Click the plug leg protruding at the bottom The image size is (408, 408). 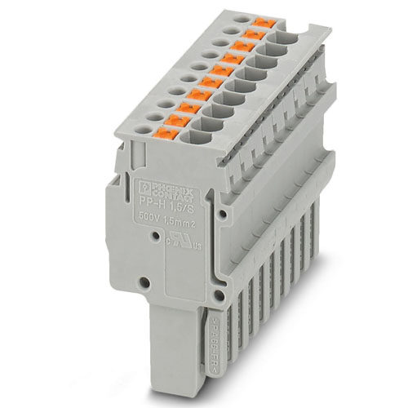[171, 359]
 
